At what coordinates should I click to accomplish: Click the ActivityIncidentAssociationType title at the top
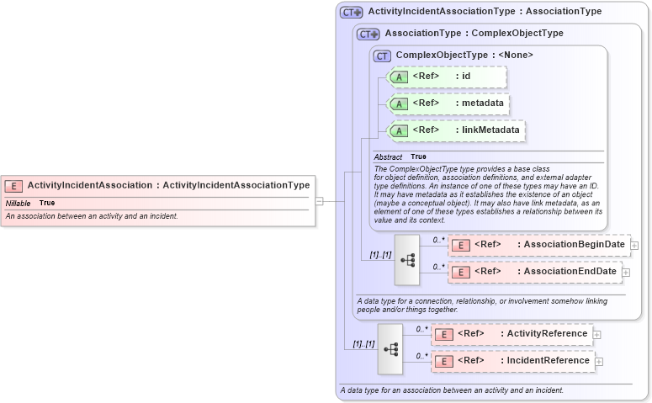point(485,12)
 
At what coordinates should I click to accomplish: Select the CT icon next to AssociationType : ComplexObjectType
point(368,34)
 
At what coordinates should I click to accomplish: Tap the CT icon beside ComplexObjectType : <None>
point(383,56)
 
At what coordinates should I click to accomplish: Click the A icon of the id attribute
point(400,77)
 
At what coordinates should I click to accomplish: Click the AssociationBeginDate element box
point(538,245)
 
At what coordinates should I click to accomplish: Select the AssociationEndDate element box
point(534,272)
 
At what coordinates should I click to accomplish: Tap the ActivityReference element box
point(512,334)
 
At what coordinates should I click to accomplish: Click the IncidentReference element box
point(512,361)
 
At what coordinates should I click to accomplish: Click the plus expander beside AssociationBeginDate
point(634,246)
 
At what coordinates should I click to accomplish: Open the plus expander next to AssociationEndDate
point(626,273)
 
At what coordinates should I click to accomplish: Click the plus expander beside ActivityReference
point(596,335)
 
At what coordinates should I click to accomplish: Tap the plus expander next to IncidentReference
point(599,362)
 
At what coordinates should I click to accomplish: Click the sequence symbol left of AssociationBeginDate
point(407,260)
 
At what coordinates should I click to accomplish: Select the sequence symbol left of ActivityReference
point(390,348)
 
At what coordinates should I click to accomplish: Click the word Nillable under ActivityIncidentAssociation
point(18,203)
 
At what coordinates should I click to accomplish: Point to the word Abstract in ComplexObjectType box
point(388,156)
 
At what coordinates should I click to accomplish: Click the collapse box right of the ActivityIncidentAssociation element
point(320,201)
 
